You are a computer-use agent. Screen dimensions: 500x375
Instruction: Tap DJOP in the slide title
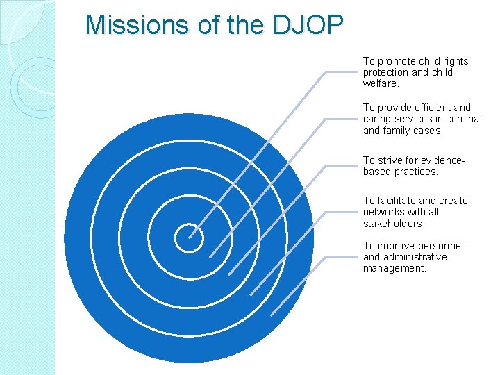[x=308, y=26]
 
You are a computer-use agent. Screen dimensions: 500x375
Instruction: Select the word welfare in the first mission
[x=380, y=83]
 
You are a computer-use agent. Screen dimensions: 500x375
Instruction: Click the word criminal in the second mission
[x=463, y=119]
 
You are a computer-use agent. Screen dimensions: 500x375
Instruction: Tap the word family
[x=397, y=130]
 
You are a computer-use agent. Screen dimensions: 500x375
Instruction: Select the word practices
[x=418, y=171]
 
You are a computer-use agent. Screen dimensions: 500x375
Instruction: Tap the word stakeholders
[x=393, y=223]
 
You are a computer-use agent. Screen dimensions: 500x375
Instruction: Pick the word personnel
[x=440, y=246]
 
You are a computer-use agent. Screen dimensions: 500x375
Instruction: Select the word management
[x=394, y=268]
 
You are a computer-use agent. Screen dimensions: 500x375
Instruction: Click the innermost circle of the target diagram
[x=188, y=238]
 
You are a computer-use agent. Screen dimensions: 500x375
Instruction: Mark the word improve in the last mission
[x=395, y=246]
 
